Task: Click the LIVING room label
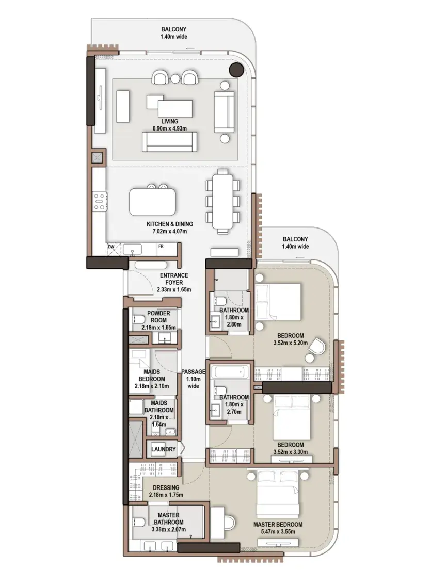tap(170, 121)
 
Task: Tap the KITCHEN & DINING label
tap(170, 224)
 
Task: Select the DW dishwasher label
tap(111, 247)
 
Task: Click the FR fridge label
tap(161, 246)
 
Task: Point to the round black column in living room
tap(236, 70)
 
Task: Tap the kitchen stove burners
tap(99, 201)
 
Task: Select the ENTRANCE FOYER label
tap(174, 279)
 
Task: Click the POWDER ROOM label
tap(158, 317)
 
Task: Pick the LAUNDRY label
tap(163, 449)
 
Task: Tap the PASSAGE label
tap(193, 372)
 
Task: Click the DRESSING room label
tap(166, 487)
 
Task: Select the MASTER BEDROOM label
tap(278, 525)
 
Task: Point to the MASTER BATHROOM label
tap(168, 519)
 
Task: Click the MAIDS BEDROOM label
tap(152, 375)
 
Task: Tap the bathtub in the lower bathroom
tap(231, 372)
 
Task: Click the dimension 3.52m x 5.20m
tap(290, 343)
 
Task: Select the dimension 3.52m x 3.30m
tap(290, 452)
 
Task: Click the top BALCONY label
tap(174, 29)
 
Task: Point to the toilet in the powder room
tap(139, 319)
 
